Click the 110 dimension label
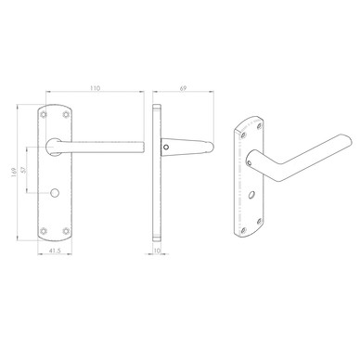(96, 88)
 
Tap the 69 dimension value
(183, 88)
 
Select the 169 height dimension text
(13, 172)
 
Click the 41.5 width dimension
(55, 251)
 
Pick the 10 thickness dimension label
(157, 251)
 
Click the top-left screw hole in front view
(44, 114)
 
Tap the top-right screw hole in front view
(66, 114)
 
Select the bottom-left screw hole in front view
(44, 231)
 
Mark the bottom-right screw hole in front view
(66, 231)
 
